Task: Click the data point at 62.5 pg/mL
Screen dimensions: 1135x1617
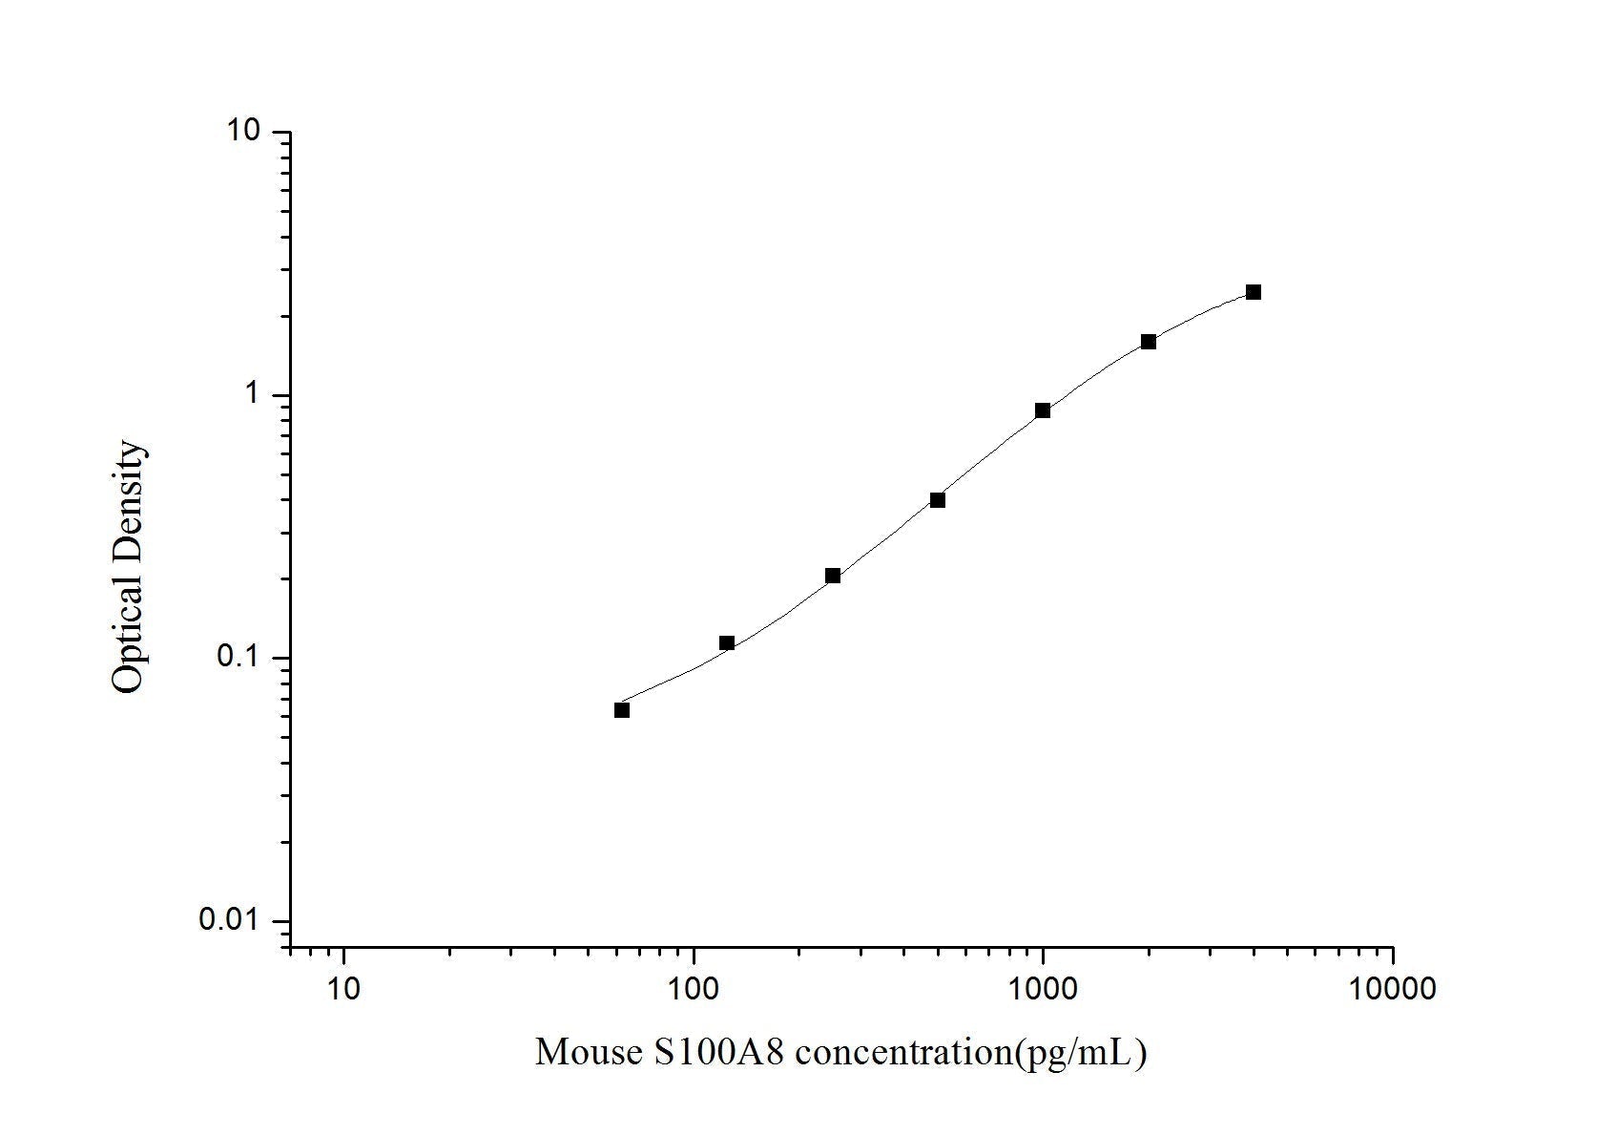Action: [622, 710]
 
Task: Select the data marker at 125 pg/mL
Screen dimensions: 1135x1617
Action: [727, 643]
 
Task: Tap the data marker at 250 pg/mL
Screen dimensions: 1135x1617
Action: [833, 576]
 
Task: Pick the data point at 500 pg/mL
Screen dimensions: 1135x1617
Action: [938, 500]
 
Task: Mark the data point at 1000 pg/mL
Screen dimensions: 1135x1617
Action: [1043, 410]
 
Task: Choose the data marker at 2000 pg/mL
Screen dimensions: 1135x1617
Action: [1149, 342]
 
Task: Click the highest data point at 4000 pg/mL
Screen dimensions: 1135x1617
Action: [1254, 292]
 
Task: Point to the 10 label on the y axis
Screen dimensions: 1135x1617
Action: [243, 131]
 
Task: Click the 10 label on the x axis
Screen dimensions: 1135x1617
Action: [343, 989]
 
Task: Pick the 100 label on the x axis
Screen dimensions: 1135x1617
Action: [694, 989]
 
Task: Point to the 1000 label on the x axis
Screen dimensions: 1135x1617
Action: [1043, 989]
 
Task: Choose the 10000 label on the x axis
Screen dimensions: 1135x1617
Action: [1392, 989]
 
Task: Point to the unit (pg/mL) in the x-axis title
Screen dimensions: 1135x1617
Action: [1083, 1053]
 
